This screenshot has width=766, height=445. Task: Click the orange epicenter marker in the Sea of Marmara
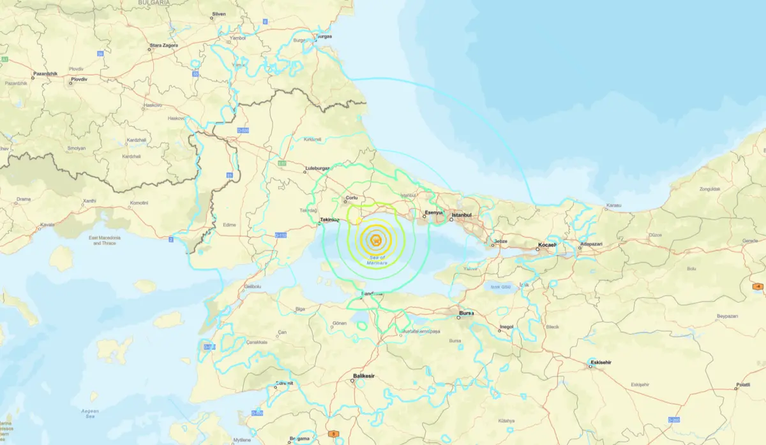376,240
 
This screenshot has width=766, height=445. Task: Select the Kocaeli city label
547,245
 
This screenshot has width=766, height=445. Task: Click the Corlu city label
351,198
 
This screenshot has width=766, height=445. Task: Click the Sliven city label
219,13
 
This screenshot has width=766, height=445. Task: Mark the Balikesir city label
364,376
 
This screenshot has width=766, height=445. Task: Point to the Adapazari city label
589,245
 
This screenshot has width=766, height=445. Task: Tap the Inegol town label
506,327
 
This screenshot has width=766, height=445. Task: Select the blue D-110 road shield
280,235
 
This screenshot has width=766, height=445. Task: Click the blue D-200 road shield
673,419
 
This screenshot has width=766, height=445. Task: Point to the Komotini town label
139,203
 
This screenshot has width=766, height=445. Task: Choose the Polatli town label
743,384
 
